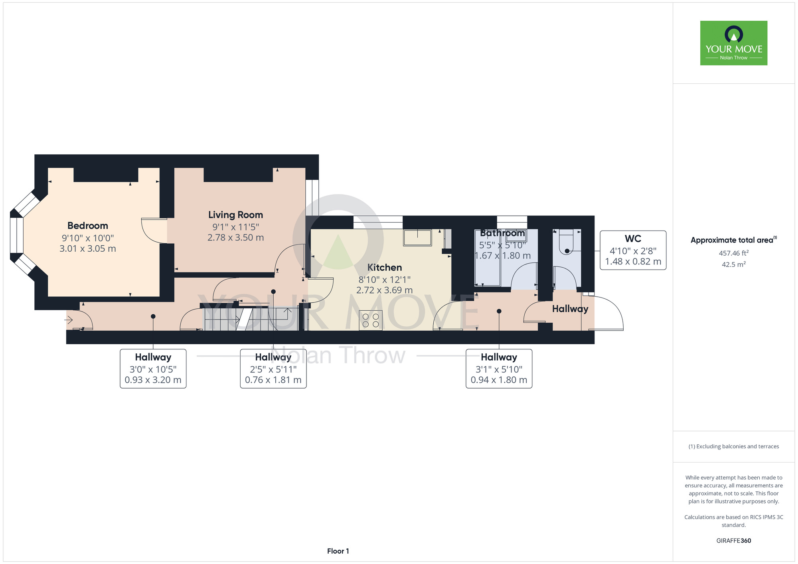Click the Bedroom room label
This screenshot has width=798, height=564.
(x=88, y=226)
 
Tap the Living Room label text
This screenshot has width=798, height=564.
(x=235, y=215)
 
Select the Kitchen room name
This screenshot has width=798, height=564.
(x=385, y=267)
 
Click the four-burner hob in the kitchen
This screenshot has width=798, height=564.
(x=371, y=320)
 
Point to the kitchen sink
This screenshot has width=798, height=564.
(x=417, y=237)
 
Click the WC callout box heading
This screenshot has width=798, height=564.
(x=633, y=239)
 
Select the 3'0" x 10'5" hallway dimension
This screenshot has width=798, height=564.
(x=153, y=369)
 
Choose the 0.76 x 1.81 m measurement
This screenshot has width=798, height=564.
(x=273, y=380)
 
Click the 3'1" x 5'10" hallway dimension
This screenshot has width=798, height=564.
(x=499, y=369)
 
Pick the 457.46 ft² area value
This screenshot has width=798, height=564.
(x=734, y=253)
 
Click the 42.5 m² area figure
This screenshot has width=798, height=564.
(x=734, y=264)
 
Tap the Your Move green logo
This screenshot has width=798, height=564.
(x=734, y=43)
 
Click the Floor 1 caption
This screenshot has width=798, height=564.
(x=338, y=551)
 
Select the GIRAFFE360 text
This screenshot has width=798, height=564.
(x=734, y=541)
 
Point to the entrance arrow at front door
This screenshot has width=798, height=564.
(x=69, y=320)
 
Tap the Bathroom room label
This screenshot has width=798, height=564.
(x=502, y=233)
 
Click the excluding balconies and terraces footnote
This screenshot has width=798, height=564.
(x=734, y=447)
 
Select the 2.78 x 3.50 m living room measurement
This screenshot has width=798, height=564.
(x=235, y=238)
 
